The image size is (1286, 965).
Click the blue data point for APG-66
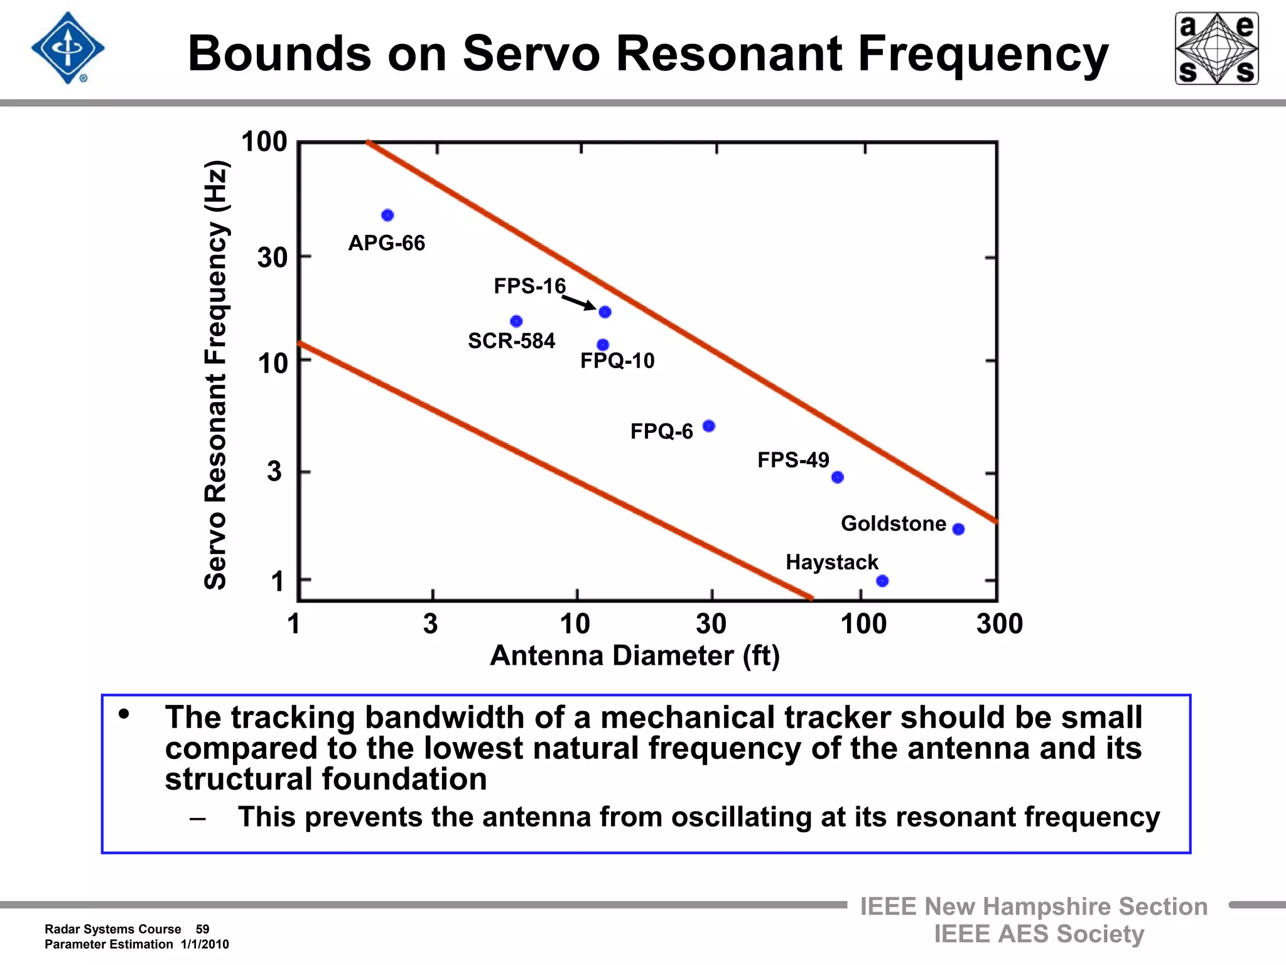click(x=387, y=215)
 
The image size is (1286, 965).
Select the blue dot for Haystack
click(x=882, y=581)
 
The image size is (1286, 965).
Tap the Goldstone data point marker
click(x=958, y=529)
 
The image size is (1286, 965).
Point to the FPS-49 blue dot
click(x=837, y=477)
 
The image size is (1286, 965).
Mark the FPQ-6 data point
click(x=708, y=426)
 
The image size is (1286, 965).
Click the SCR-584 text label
click(x=511, y=341)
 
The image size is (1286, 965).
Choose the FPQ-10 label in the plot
click(x=617, y=361)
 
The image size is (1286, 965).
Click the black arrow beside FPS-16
click(x=579, y=303)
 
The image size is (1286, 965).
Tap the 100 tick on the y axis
click(x=264, y=142)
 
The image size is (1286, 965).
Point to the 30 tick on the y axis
click(x=273, y=258)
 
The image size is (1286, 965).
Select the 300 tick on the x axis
click(x=1000, y=624)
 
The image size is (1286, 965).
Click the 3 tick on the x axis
click(x=430, y=624)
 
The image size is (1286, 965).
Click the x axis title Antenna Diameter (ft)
click(x=634, y=656)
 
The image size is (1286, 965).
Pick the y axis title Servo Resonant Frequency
click(x=216, y=375)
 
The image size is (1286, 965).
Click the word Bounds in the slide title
click(x=279, y=54)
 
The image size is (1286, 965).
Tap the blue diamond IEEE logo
click(x=68, y=48)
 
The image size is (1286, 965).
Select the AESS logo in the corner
click(x=1216, y=48)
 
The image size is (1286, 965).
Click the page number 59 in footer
click(x=202, y=929)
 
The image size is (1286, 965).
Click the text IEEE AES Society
click(x=1039, y=934)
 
